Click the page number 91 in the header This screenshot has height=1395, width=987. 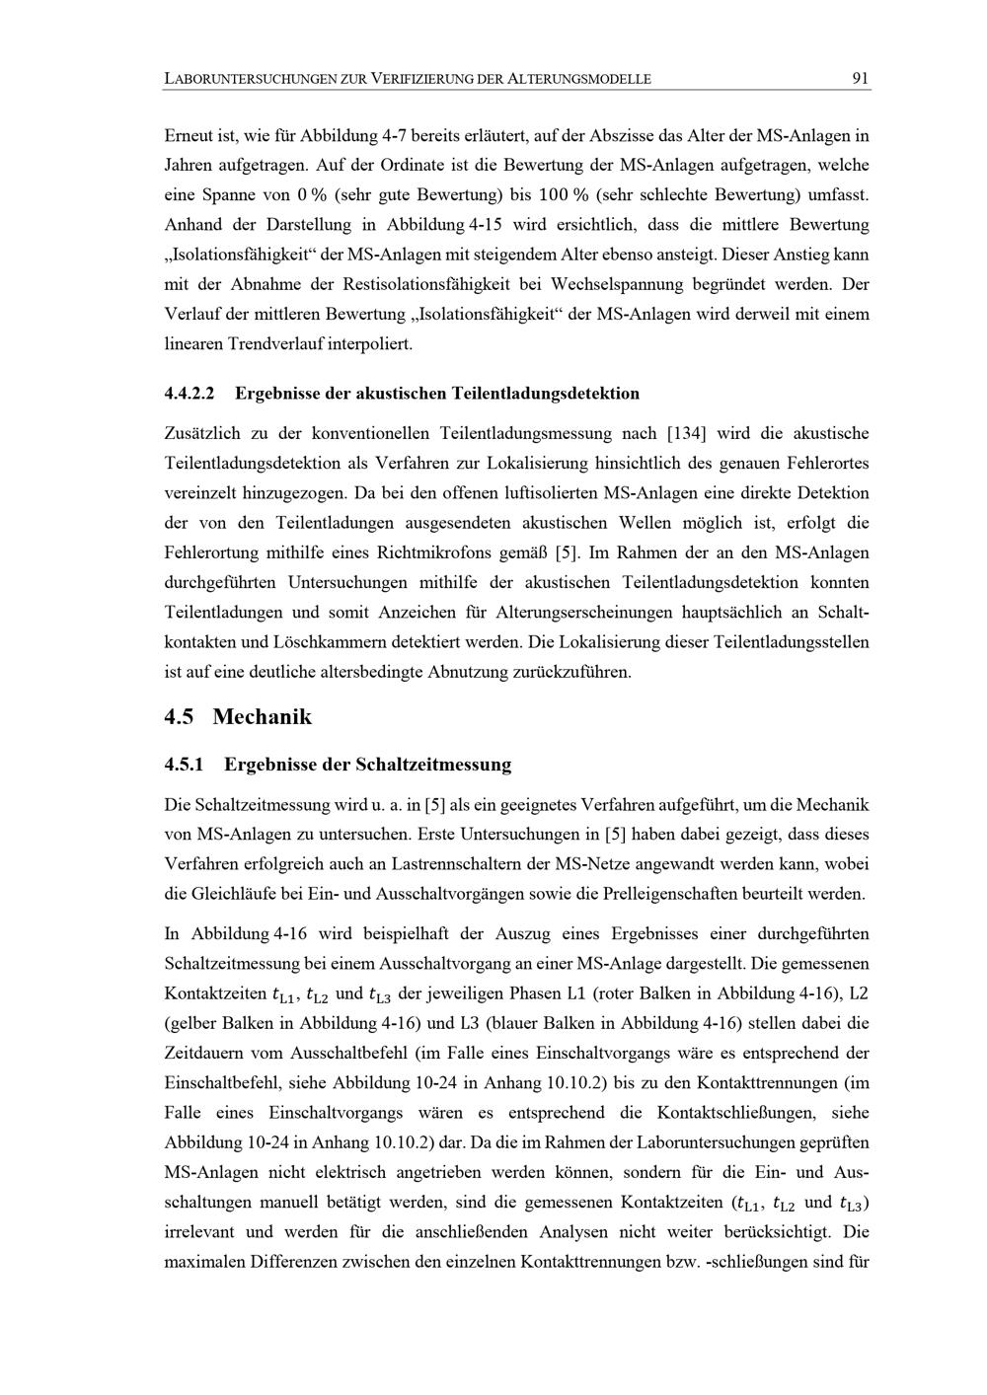860,79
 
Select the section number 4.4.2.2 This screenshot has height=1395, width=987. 190,394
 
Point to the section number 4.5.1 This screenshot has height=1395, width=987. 184,765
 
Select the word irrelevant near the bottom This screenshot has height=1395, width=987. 203,1232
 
